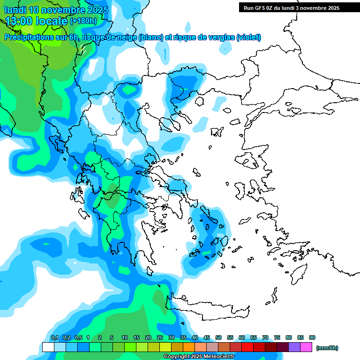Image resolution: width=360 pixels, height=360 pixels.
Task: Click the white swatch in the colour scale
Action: [x=48, y=347]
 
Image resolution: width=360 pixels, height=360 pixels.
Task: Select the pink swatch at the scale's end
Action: [x=306, y=347]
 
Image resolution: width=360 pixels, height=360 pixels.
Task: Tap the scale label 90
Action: [x=312, y=338]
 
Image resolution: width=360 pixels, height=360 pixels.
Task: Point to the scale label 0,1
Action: [x=54, y=338]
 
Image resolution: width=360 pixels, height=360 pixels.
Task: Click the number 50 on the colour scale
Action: [x=218, y=338]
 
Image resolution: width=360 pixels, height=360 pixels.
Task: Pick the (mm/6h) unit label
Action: [x=327, y=348]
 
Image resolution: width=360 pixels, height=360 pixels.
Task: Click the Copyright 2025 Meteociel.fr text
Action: [x=199, y=357]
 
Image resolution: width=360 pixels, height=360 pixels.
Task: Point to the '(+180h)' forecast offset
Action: [x=83, y=21]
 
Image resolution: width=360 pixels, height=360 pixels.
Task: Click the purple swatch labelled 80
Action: [x=294, y=347]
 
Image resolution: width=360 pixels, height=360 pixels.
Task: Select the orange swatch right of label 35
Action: [x=189, y=347]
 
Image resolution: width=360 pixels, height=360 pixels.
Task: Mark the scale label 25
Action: [x=160, y=338]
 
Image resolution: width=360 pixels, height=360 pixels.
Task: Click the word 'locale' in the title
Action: [x=52, y=21]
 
